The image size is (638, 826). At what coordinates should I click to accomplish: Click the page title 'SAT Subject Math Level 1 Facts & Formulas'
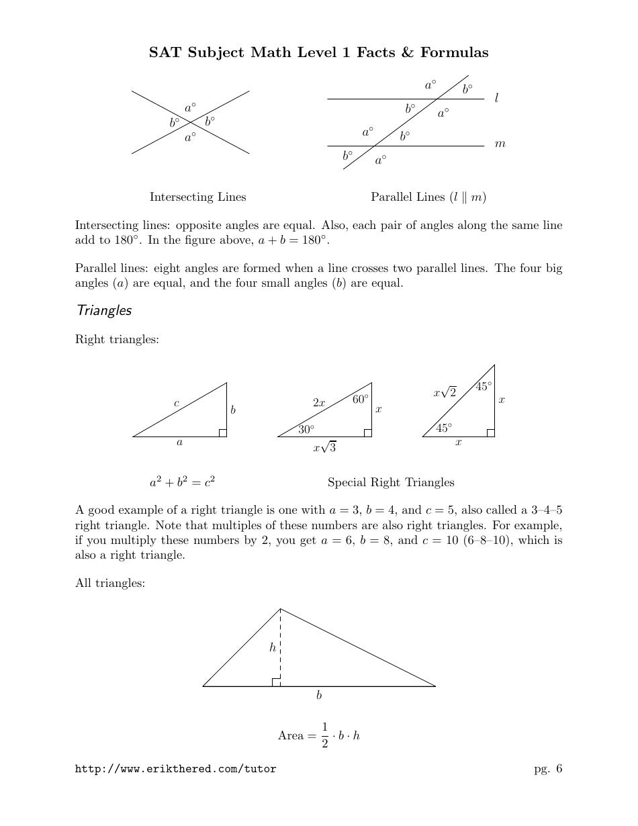[319, 52]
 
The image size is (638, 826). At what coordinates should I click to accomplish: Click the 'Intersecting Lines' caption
[197, 197]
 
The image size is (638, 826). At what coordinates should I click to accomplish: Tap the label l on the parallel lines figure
[496, 98]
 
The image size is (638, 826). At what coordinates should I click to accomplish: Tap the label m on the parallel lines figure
[500, 144]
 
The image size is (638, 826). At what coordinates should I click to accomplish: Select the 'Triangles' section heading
[104, 310]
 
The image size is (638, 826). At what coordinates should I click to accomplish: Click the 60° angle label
[361, 399]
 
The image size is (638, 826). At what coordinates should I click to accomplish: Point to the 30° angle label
[306, 429]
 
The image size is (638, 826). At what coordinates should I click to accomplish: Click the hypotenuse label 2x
[319, 403]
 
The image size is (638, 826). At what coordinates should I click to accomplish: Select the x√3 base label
[324, 447]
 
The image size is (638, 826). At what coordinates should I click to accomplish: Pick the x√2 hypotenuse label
[445, 392]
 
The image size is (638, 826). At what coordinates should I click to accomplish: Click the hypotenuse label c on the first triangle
[176, 403]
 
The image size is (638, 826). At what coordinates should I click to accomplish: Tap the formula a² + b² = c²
[182, 481]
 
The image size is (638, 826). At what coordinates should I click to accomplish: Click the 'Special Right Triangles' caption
[391, 482]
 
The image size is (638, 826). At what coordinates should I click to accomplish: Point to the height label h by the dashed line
[272, 647]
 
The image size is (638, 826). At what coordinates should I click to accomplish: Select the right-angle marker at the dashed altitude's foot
[276, 682]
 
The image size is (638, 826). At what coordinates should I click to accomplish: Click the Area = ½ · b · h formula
[319, 735]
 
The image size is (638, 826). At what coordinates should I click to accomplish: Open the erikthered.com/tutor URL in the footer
[175, 770]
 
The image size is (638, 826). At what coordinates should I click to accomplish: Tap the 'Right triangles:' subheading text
[117, 340]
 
